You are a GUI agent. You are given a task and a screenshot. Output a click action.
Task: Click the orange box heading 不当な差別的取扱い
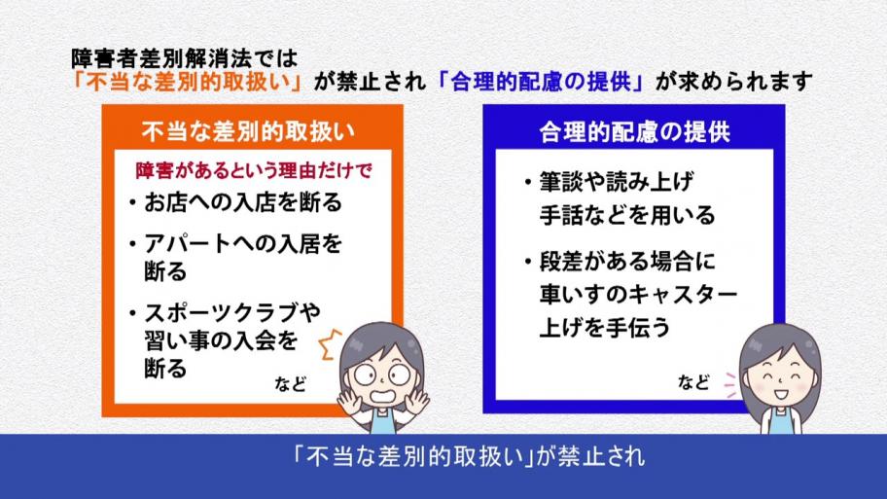[x=248, y=131]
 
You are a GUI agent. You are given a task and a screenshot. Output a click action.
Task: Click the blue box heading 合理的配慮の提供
[x=634, y=132]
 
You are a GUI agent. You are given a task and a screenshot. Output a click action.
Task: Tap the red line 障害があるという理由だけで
[x=254, y=170]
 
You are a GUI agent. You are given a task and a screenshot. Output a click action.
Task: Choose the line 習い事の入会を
[x=221, y=340]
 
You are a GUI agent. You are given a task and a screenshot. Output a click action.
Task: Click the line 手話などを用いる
[x=627, y=216]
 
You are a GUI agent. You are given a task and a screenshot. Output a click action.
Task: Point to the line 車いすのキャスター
[x=638, y=294]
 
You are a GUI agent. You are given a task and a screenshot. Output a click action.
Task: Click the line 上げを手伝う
[x=605, y=328]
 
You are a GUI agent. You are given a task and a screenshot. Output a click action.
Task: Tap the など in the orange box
[x=290, y=384]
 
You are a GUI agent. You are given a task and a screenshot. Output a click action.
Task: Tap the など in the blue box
[x=693, y=382]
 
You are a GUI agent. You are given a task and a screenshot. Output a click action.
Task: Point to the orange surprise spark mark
[x=331, y=344]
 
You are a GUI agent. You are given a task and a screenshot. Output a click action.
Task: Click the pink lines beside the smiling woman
[x=730, y=385]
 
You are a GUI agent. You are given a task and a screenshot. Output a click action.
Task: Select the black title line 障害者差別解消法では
[x=185, y=58]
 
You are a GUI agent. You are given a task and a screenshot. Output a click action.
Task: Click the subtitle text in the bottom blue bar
[x=469, y=457]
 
